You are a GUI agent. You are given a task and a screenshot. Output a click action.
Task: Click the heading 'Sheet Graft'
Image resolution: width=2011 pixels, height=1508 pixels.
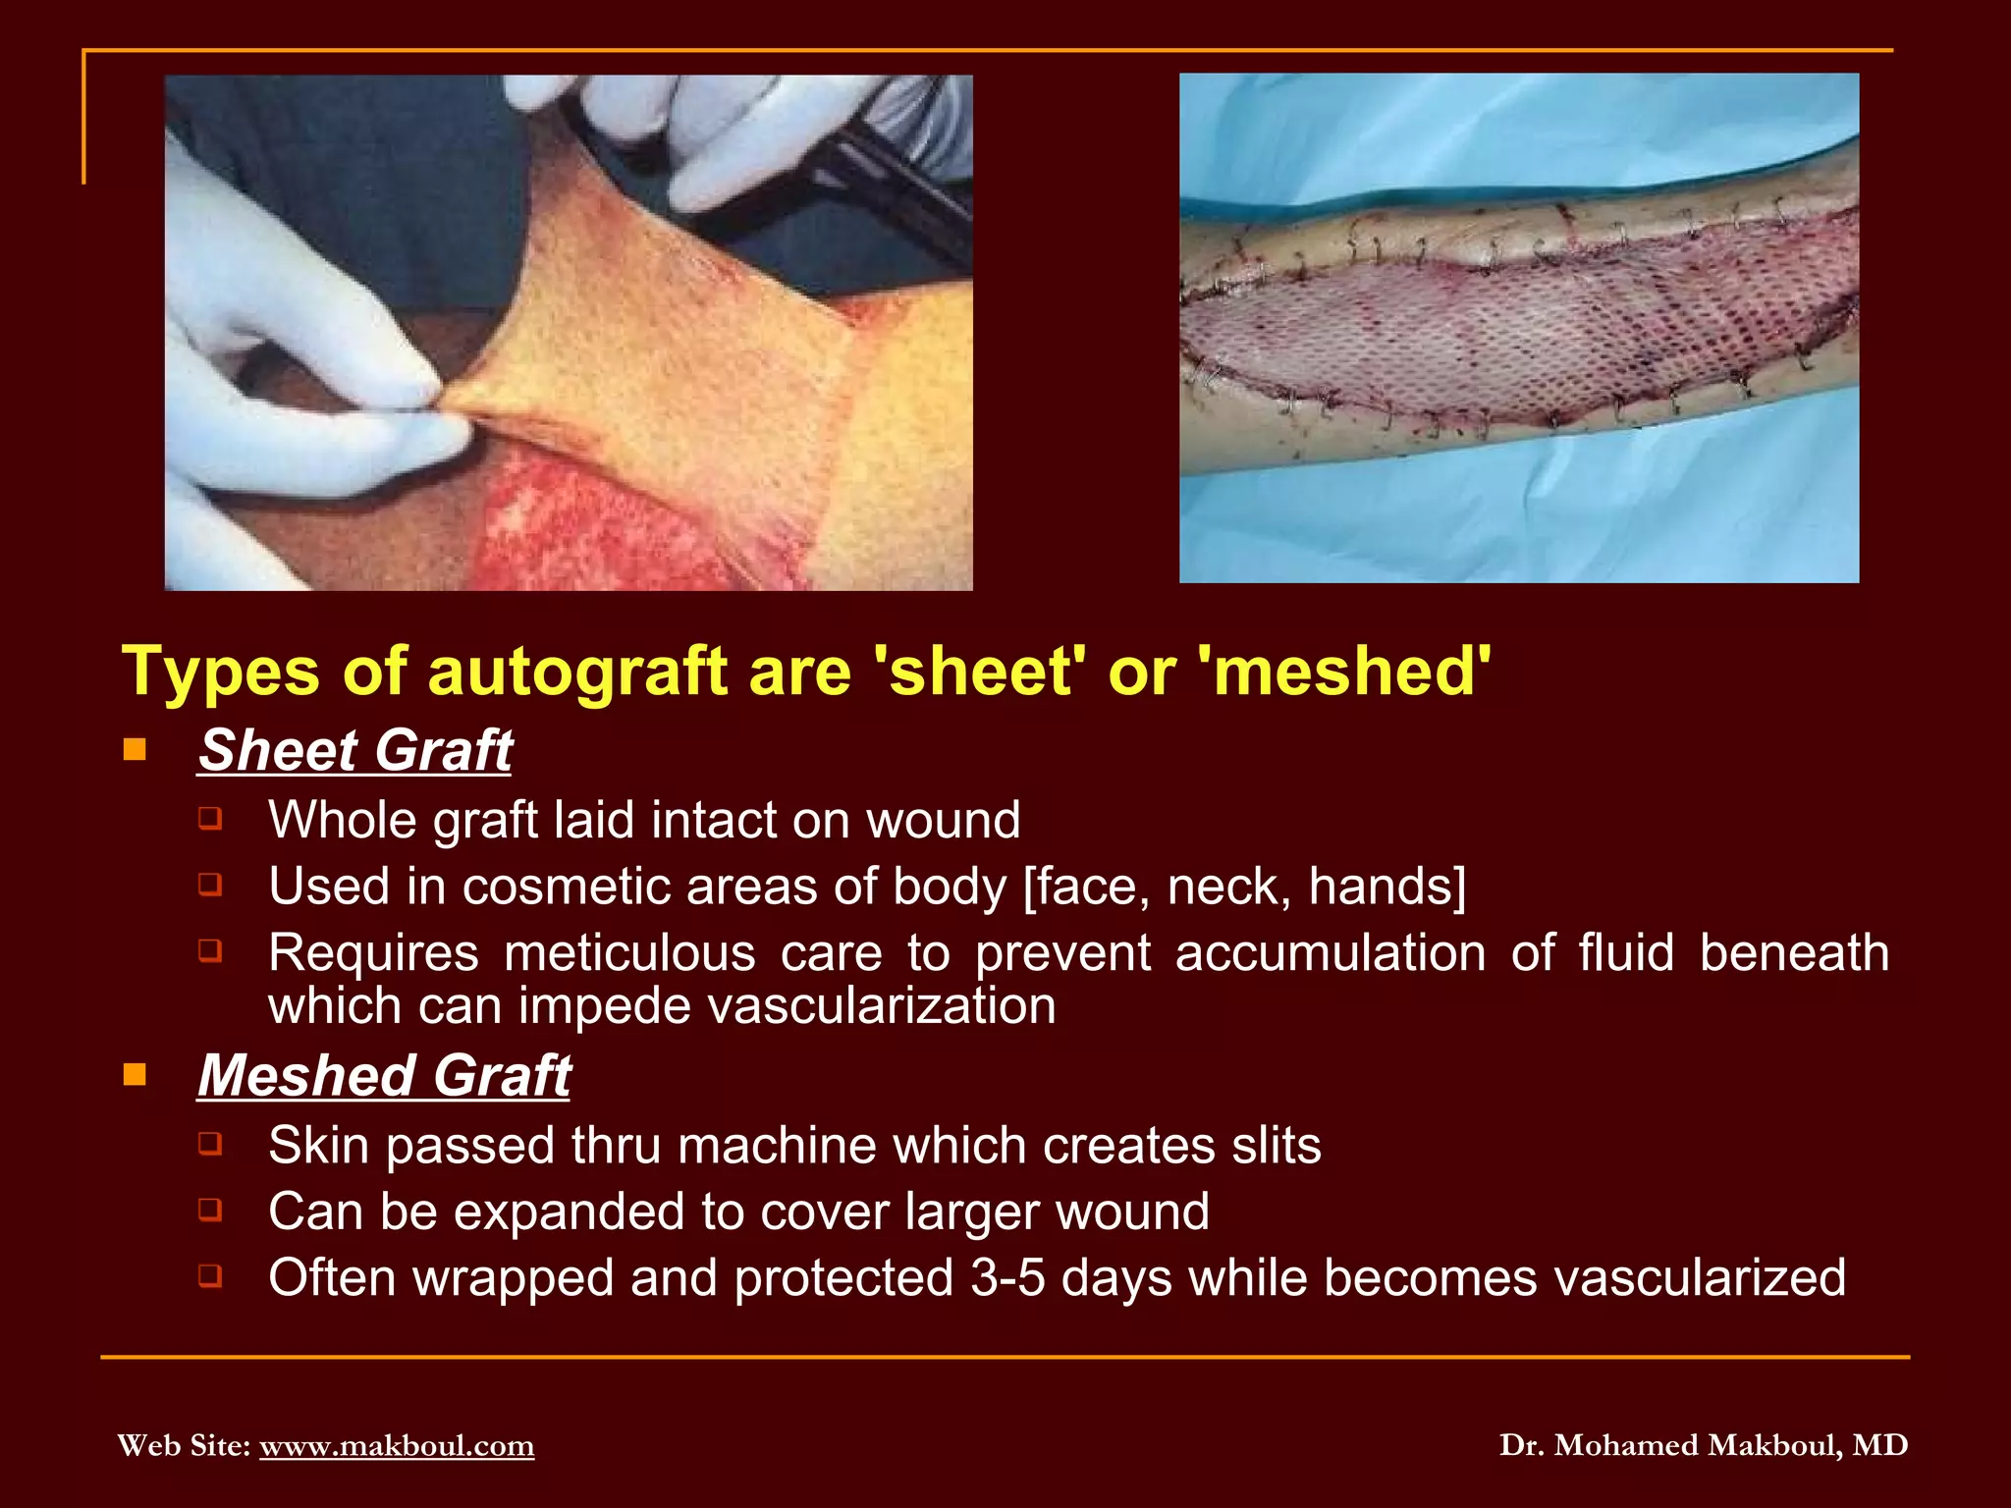(354, 751)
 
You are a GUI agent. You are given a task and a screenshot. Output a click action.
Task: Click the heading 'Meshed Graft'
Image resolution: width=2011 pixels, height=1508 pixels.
(384, 1076)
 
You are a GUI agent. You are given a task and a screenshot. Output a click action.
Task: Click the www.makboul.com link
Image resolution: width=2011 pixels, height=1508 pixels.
(397, 1445)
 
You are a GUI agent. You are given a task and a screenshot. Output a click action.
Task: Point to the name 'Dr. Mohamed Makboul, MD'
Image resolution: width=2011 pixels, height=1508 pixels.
(1704, 1445)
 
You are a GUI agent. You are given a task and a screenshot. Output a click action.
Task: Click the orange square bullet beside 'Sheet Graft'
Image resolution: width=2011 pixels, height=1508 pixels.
(135, 751)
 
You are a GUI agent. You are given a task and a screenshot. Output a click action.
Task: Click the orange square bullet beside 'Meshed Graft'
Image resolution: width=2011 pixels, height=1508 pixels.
(135, 1075)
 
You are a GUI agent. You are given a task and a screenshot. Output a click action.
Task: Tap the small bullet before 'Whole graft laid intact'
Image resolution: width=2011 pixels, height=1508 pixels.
(209, 818)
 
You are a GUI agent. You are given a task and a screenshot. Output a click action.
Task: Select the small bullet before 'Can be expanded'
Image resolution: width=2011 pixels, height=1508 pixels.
(209, 1210)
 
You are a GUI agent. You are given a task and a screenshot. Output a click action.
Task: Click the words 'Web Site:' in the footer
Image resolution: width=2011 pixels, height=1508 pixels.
(184, 1445)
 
